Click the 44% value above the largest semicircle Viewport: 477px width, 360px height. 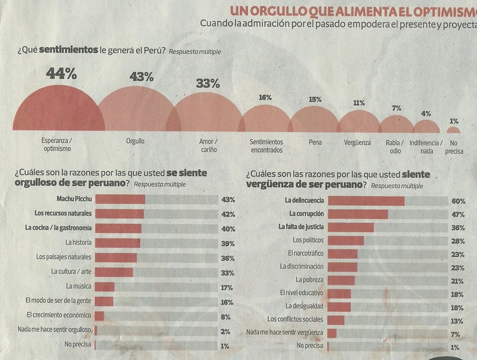point(61,74)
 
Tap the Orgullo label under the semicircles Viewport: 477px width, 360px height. point(135,142)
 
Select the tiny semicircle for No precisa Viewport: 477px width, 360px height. point(453,131)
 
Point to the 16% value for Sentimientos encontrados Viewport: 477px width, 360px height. point(265,98)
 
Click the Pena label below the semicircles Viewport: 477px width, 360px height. point(315,143)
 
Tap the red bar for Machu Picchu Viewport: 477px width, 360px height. point(120,200)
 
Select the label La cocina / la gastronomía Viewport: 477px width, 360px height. point(59,227)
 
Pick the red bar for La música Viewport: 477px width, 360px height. point(104,287)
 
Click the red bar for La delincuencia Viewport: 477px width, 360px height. point(366,201)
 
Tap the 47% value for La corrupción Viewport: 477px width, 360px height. point(458,215)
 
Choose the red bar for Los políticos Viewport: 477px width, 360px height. point(346,240)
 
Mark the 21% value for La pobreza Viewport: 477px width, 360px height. point(458,281)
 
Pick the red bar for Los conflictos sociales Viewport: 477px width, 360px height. point(336,319)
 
